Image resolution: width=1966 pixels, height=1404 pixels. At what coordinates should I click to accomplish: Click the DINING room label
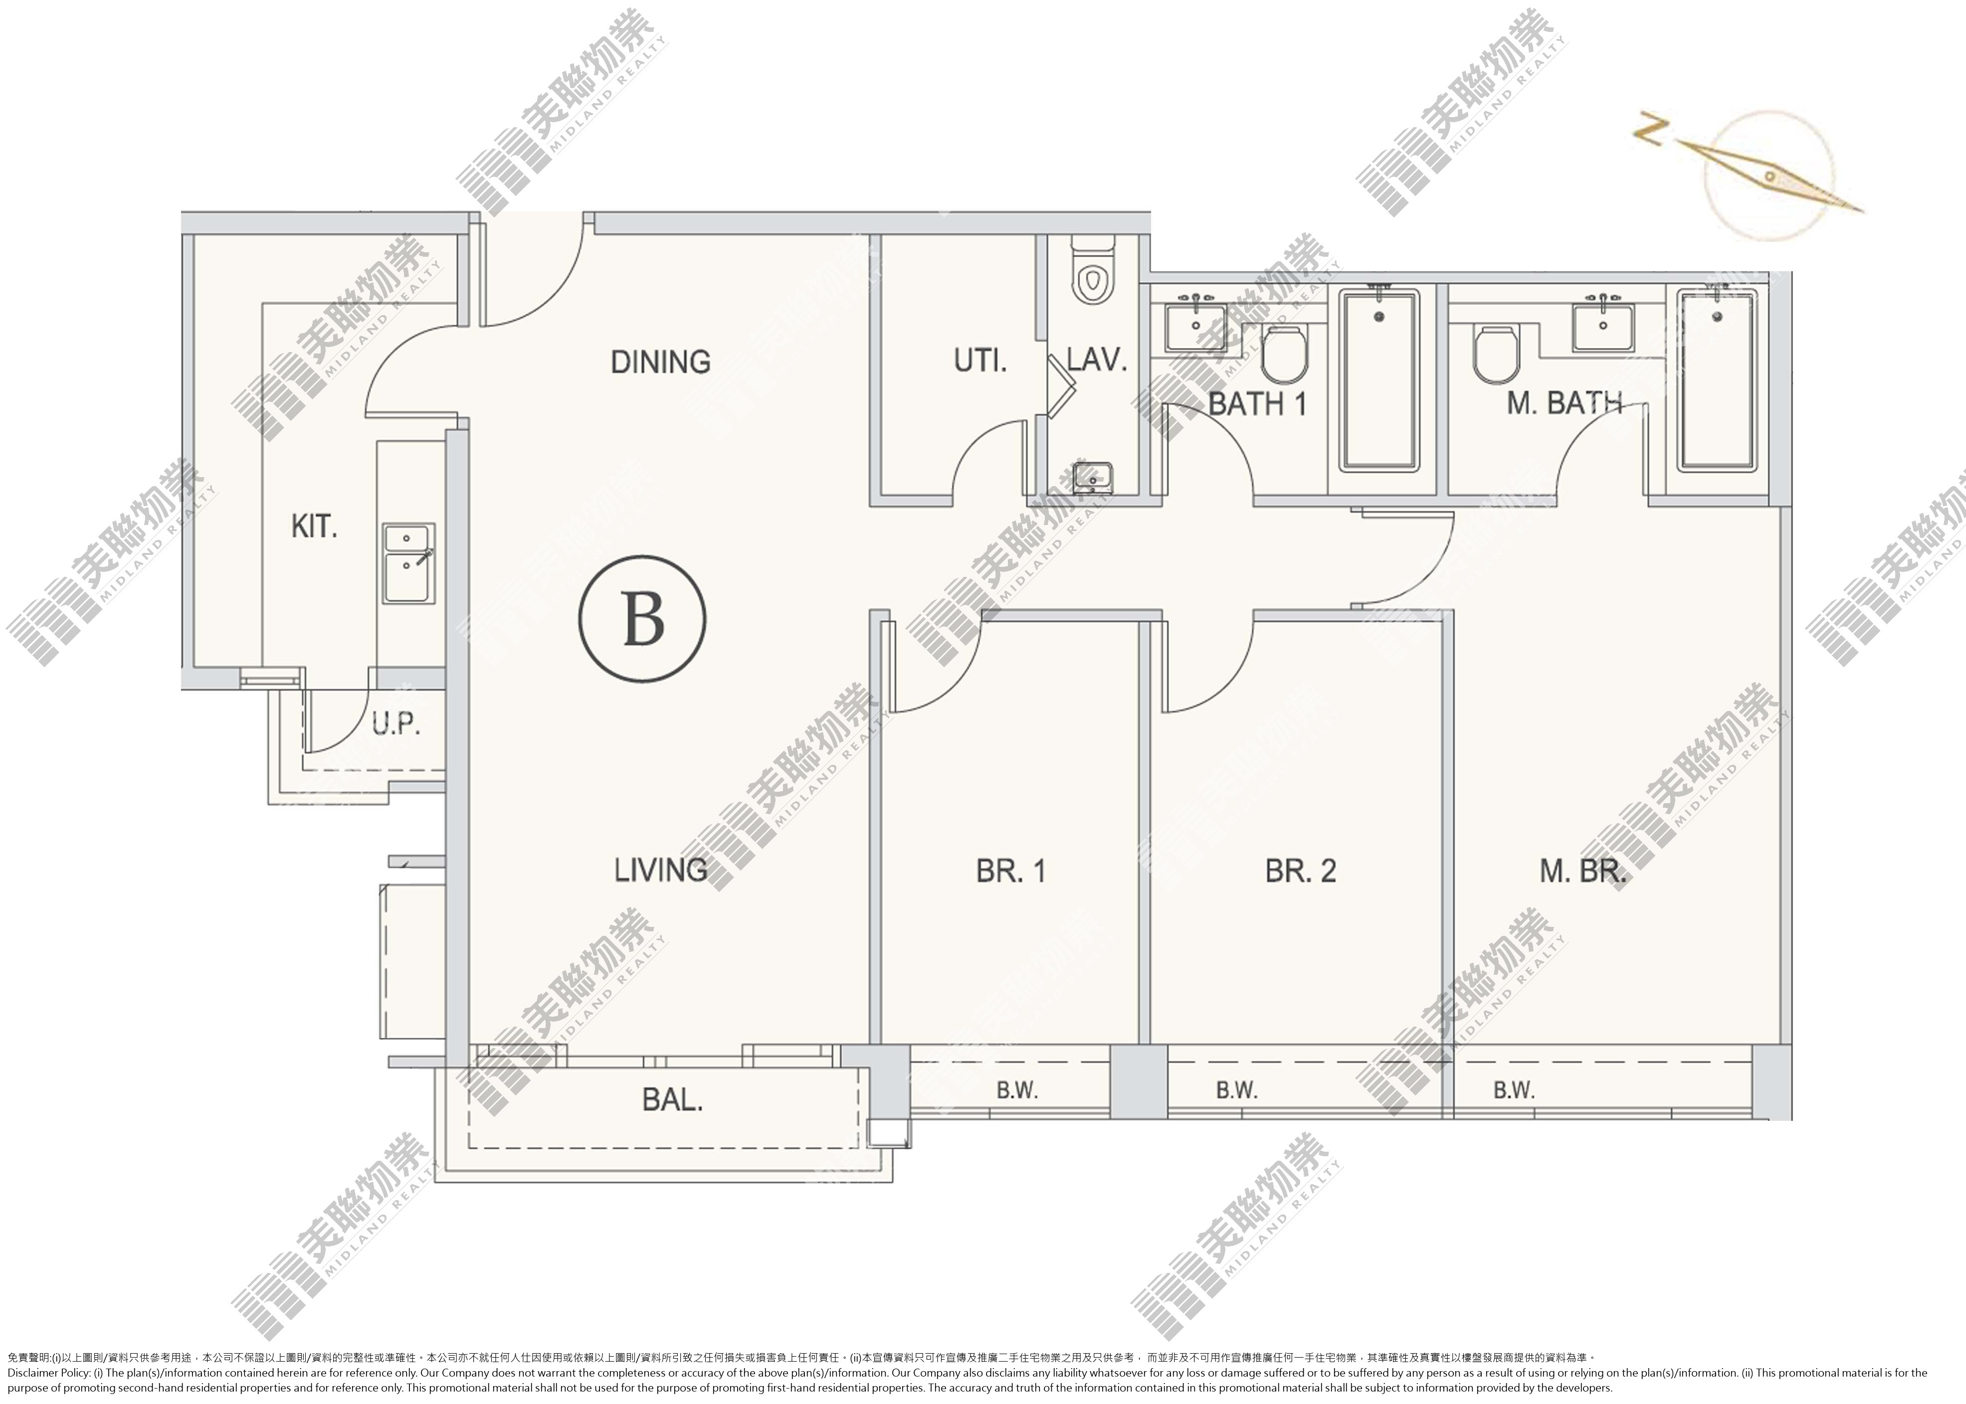[x=660, y=361]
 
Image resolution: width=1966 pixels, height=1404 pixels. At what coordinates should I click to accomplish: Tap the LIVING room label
[x=660, y=870]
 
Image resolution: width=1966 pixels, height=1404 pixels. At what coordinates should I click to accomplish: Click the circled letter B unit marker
[x=642, y=619]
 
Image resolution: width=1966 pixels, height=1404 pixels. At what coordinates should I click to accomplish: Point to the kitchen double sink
[x=409, y=563]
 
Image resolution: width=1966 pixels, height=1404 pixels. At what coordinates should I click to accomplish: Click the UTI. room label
[x=981, y=359]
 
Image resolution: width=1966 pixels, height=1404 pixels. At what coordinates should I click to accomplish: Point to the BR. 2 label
[x=1300, y=871]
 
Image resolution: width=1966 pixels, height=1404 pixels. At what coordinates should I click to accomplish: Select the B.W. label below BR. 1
[x=1017, y=1090]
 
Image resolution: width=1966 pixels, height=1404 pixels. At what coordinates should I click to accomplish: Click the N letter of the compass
[x=1651, y=132]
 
